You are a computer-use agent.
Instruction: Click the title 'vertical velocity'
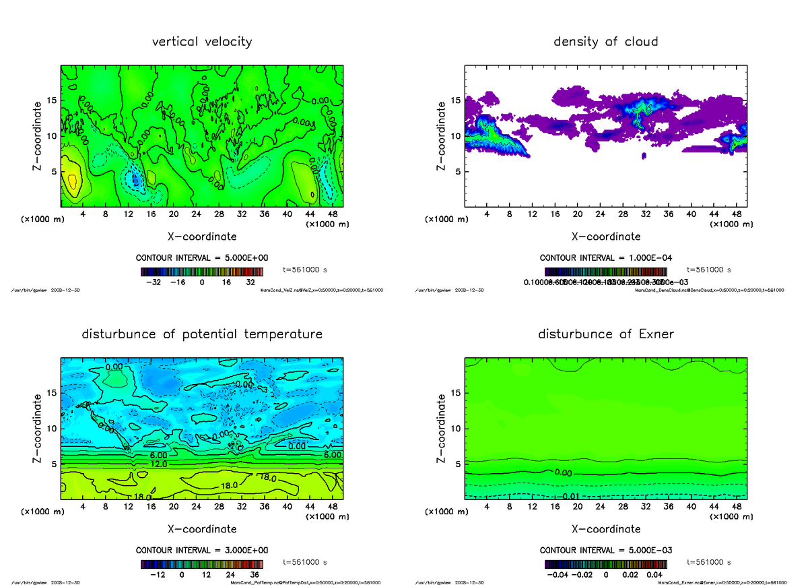[x=202, y=42]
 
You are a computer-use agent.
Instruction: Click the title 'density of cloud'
[x=605, y=42]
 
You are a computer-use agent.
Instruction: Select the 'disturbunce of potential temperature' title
[x=202, y=334]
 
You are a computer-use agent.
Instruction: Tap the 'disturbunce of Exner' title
[x=605, y=334]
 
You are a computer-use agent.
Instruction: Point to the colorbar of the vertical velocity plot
[x=202, y=272]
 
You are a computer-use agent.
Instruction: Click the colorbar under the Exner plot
[x=605, y=563]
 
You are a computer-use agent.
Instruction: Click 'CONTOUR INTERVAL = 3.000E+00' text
[x=202, y=550]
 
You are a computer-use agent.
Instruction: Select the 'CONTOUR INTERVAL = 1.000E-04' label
[x=605, y=257]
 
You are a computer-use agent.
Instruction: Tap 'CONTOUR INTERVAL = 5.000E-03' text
[x=605, y=550]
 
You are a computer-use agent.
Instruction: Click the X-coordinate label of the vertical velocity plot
[x=202, y=237]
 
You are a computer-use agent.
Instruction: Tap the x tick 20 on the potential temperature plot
[x=173, y=507]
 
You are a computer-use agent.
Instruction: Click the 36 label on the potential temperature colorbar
[x=255, y=576]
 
